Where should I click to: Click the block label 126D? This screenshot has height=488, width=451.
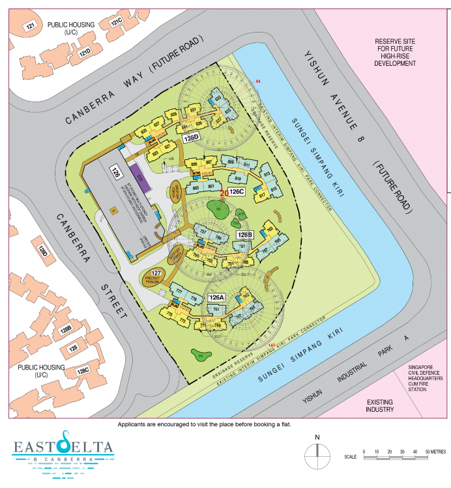point(190,138)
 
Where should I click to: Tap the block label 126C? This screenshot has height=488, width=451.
point(236,191)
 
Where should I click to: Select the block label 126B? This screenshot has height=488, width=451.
point(244,234)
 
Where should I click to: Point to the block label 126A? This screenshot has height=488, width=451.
point(216,297)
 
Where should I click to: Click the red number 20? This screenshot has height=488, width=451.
point(224,193)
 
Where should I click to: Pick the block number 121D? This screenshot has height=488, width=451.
point(85,52)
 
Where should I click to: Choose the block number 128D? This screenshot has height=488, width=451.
point(43,251)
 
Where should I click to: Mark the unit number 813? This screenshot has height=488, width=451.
point(267,174)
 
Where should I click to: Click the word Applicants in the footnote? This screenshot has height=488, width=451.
point(133,424)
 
